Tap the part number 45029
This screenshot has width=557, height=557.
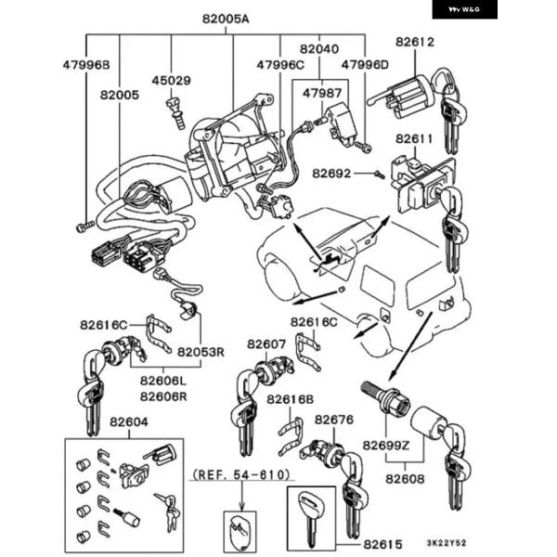172,81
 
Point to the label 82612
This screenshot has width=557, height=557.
414,42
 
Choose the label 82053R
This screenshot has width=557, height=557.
201,352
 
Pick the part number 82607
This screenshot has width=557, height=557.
266,343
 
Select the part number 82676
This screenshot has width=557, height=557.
334,420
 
